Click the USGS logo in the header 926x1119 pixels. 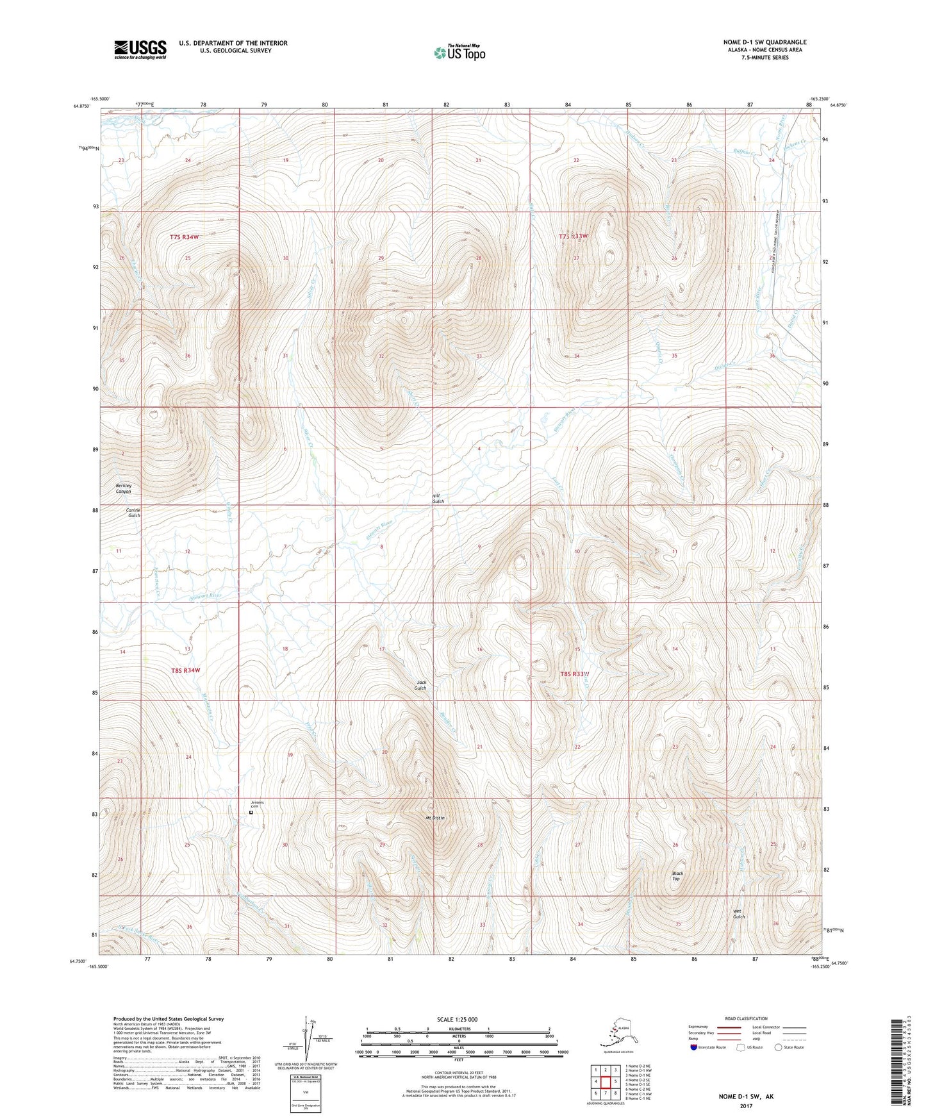coord(140,49)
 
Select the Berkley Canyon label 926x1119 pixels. coord(124,488)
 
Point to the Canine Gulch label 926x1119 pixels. coord(133,513)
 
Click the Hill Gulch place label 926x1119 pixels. coord(438,499)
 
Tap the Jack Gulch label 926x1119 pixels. coord(421,685)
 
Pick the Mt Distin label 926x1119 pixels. coord(434,818)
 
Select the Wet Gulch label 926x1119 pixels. coord(739,914)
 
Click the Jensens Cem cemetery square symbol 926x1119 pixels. coord(251,813)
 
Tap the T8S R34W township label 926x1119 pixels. coord(186,670)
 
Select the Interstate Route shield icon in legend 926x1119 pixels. coord(694,1047)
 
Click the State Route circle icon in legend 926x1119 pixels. coord(778,1047)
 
